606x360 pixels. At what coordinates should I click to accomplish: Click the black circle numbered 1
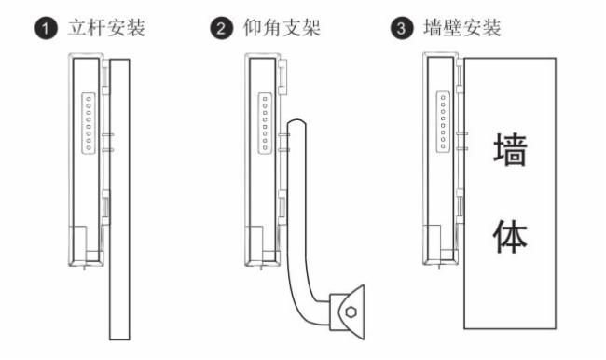point(46,29)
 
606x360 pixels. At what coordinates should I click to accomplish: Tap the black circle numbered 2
point(222,29)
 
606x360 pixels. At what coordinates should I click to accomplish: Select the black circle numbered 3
point(402,29)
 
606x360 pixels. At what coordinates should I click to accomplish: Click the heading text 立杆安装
point(106,28)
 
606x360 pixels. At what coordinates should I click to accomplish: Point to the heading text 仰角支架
point(282,28)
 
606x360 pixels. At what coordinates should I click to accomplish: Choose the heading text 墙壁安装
point(462,28)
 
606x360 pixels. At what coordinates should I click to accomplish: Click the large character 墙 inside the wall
point(511,149)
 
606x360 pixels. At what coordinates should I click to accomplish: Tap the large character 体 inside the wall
point(511,237)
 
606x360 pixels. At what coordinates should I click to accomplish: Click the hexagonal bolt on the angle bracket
point(351,312)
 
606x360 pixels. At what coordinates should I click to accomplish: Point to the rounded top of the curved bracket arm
point(296,122)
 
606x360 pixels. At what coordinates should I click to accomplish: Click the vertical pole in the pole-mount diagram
point(119,200)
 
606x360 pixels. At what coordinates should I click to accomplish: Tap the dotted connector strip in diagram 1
point(89,123)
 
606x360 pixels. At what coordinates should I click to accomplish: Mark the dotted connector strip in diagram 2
point(265,123)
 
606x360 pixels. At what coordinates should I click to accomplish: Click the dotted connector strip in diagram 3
point(443,122)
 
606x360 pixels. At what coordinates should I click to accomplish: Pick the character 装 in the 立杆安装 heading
point(136,28)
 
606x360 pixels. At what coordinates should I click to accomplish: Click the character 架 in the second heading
point(311,28)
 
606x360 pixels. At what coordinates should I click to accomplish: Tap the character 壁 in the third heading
point(453,28)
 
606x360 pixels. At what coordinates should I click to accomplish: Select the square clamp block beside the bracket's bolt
point(335,312)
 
